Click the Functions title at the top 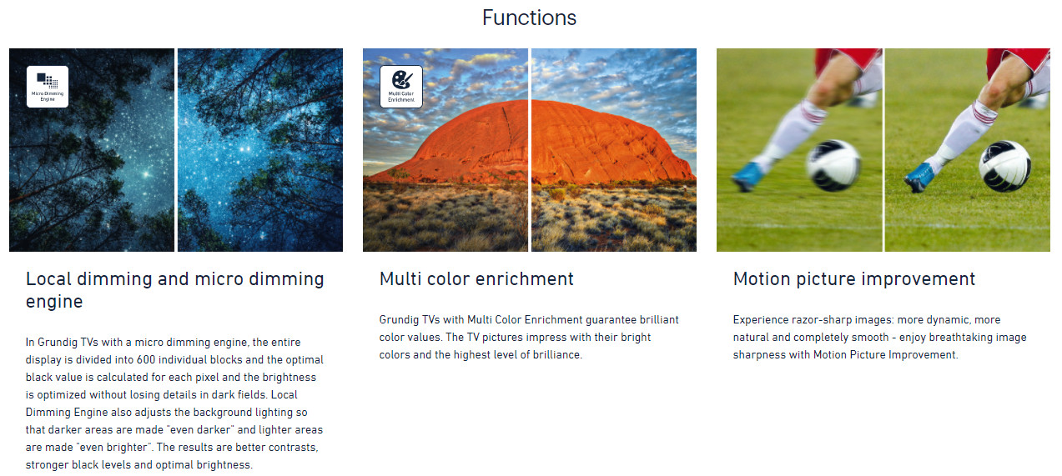click(x=529, y=18)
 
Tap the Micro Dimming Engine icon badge click(x=48, y=87)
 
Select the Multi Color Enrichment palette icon click(x=401, y=87)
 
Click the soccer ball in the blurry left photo click(x=834, y=165)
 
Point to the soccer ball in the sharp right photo click(x=1005, y=166)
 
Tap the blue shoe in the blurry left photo click(x=747, y=176)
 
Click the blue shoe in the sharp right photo click(x=919, y=177)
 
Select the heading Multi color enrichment click(x=476, y=279)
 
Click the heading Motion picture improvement click(x=854, y=279)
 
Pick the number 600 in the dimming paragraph click(x=146, y=359)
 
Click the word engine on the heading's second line click(x=54, y=302)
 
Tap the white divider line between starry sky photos click(x=176, y=150)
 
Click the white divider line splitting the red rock click(x=530, y=150)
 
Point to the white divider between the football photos click(x=883, y=150)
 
